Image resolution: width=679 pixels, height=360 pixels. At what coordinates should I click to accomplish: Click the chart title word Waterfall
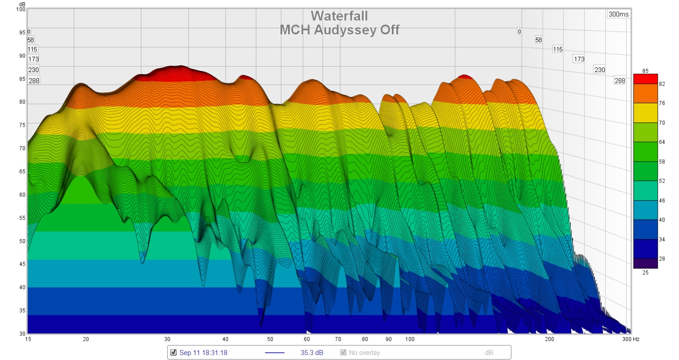[x=339, y=16]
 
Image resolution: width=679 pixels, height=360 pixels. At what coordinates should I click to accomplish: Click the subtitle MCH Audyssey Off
[x=339, y=30]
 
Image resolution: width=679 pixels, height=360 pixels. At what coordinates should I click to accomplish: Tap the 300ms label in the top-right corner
[x=618, y=14]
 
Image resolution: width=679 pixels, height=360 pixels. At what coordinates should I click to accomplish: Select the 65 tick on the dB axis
[x=21, y=172]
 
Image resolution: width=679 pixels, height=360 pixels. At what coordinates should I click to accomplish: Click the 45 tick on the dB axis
[x=21, y=264]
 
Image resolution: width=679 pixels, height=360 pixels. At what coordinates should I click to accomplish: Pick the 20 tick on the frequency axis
[x=86, y=339]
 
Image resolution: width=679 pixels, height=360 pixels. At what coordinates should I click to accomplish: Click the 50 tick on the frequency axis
[x=270, y=339]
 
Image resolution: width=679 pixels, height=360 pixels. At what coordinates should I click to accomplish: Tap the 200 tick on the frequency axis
[x=549, y=339]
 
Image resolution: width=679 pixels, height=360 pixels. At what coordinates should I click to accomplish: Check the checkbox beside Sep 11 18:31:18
[x=173, y=352]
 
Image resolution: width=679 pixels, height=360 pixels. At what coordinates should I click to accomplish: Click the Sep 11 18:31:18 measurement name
[x=203, y=352]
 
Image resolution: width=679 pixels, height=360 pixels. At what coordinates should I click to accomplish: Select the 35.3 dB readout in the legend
[x=312, y=352]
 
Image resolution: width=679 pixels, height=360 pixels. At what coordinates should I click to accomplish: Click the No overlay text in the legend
[x=364, y=352]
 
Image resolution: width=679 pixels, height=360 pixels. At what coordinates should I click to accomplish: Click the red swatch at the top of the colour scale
[x=645, y=79]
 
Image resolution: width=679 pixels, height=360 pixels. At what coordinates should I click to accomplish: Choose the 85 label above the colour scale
[x=645, y=70]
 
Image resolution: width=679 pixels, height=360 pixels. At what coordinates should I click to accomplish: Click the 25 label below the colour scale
[x=645, y=273]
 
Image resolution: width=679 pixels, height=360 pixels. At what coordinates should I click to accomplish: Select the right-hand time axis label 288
[x=620, y=81]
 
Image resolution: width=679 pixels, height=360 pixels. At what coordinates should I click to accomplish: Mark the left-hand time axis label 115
[x=33, y=49]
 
